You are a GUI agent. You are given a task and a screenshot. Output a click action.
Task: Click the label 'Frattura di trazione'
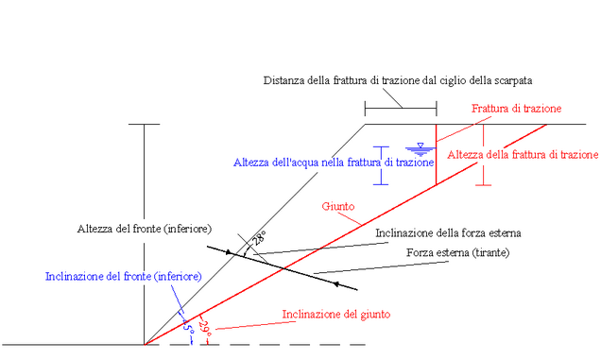click(516, 109)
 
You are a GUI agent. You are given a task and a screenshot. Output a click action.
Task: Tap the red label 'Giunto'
click(338, 206)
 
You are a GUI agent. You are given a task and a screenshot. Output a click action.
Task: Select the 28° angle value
click(259, 238)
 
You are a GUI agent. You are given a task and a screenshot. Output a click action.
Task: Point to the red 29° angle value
click(205, 329)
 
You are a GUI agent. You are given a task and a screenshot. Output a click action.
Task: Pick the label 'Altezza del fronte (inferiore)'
click(145, 229)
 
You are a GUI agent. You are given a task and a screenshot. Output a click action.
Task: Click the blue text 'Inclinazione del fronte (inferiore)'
click(124, 277)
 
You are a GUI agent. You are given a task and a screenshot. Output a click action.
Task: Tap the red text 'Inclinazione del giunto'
click(336, 315)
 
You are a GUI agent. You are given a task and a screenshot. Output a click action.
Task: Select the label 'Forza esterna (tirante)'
click(458, 252)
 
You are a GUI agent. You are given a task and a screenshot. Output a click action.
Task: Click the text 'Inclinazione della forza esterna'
click(448, 233)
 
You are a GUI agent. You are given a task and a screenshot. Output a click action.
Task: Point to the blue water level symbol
click(421, 149)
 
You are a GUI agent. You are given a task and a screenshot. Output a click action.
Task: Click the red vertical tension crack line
click(437, 155)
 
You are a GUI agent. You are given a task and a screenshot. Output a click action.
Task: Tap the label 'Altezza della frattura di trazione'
click(523, 155)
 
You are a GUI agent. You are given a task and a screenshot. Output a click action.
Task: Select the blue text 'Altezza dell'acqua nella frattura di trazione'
click(334, 163)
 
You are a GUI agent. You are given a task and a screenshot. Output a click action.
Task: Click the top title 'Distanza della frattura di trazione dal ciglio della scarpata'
click(398, 80)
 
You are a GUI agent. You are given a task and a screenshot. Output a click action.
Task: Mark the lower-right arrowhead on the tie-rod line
click(336, 284)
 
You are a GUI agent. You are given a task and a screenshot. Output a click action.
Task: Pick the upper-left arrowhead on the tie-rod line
click(229, 252)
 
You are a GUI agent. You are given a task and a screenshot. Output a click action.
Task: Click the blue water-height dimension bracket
click(381, 165)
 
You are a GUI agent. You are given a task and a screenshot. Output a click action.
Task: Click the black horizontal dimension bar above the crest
click(401, 108)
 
